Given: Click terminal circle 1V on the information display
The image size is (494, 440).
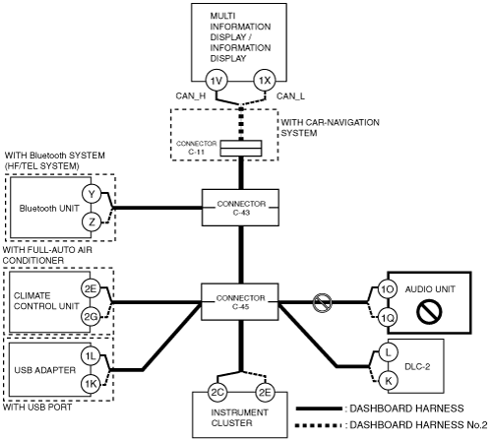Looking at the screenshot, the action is (216, 81).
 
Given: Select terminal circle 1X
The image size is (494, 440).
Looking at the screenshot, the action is (265, 81).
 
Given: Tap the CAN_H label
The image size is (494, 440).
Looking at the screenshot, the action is (191, 96).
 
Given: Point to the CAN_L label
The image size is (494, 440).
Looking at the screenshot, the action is (290, 96).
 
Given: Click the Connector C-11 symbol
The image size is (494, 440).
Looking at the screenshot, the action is (241, 149).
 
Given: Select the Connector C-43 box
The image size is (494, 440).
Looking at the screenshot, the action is (240, 208).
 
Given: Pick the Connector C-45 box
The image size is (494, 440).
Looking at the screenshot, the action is (240, 302).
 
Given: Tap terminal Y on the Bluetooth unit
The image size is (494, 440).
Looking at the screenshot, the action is (92, 194).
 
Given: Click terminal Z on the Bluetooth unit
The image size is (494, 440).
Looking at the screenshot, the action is (92, 222).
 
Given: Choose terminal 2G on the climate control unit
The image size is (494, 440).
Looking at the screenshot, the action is (91, 317).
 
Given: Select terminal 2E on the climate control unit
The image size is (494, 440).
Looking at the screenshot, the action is (91, 288).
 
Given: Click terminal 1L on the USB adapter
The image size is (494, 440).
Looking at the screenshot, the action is (91, 356).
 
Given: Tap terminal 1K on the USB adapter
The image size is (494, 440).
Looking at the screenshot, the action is (91, 384).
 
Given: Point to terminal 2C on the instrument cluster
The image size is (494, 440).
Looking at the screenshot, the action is (217, 393).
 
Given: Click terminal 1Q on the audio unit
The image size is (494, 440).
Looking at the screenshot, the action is (388, 317).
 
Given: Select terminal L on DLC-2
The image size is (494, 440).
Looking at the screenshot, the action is (388, 352).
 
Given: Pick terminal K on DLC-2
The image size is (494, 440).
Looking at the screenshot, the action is (388, 381).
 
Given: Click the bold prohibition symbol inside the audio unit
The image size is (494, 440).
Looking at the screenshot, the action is (429, 312).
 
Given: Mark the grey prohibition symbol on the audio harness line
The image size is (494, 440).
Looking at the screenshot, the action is (322, 303).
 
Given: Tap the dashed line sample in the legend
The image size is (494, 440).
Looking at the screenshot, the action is (317, 426).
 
